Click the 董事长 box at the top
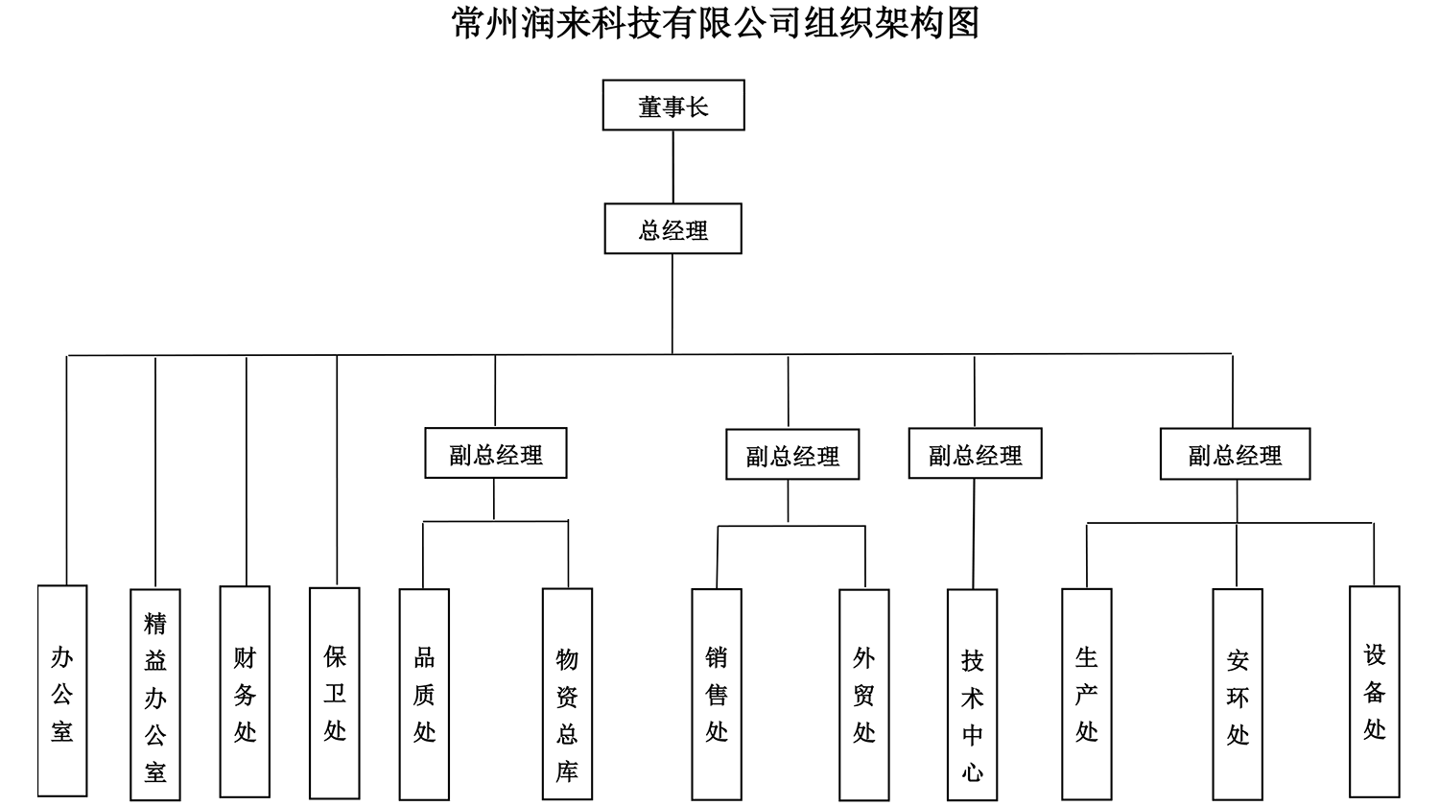tap(673, 106)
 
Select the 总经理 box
tap(672, 229)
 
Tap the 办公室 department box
tap(62, 692)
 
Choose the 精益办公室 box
tap(155, 695)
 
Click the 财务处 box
tap(245, 693)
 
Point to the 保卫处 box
tap(335, 693)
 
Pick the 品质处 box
tap(424, 694)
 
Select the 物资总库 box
tap(567, 695)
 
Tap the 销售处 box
tap(717, 694)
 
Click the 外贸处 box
tap(863, 695)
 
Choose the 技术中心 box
tap(972, 695)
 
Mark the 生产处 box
tap(1086, 694)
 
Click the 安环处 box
tap(1238, 695)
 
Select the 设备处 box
tap(1374, 692)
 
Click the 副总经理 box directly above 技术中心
tap(975, 454)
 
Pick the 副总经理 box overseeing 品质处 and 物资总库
tap(496, 453)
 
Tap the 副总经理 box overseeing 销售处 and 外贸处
tap(792, 455)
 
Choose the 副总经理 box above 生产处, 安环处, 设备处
tap(1235, 454)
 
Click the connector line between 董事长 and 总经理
tap(673, 167)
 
